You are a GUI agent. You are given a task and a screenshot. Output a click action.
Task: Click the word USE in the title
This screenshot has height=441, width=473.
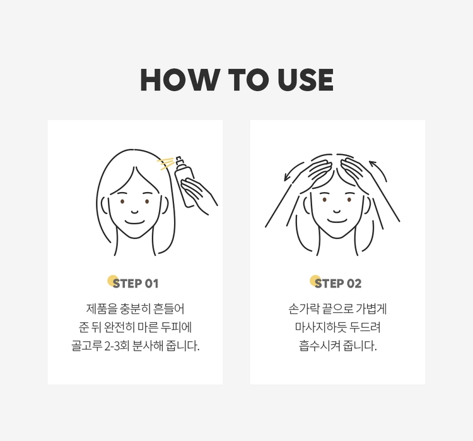point(305,80)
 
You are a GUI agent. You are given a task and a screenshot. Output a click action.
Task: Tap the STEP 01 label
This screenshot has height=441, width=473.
point(136,284)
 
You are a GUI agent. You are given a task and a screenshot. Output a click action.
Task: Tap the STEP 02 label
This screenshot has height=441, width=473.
point(338,284)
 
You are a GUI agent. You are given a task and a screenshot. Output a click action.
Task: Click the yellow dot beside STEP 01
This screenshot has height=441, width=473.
point(113,281)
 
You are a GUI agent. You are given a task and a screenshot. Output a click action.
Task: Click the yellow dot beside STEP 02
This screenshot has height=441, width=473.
point(315,281)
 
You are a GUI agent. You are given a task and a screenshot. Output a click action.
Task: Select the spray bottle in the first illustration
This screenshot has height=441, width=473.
point(184,182)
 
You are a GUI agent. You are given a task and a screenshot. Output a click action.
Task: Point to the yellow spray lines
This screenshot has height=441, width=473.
point(165,163)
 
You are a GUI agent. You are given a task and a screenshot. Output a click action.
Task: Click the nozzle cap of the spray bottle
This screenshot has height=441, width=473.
point(178,160)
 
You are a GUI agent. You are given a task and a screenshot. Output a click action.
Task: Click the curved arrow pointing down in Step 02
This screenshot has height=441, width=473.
point(293,171)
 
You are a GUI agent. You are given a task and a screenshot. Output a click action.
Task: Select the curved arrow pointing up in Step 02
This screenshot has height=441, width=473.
point(378,171)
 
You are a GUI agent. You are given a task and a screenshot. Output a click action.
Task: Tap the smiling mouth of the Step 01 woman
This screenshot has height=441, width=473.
point(134,222)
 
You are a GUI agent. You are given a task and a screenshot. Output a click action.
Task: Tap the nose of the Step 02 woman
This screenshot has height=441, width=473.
point(337,211)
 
